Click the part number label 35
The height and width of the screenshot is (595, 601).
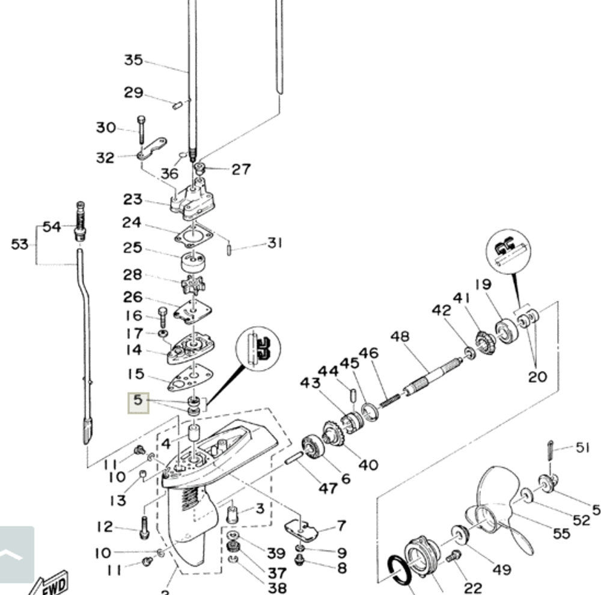coord(133,60)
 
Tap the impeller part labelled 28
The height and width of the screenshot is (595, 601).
coord(192,283)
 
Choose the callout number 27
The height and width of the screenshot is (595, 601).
coord(241,169)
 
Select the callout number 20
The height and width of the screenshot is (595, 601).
coord(537,377)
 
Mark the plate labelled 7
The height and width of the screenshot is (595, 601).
coord(300,530)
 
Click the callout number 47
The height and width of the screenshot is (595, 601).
coord(328,488)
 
